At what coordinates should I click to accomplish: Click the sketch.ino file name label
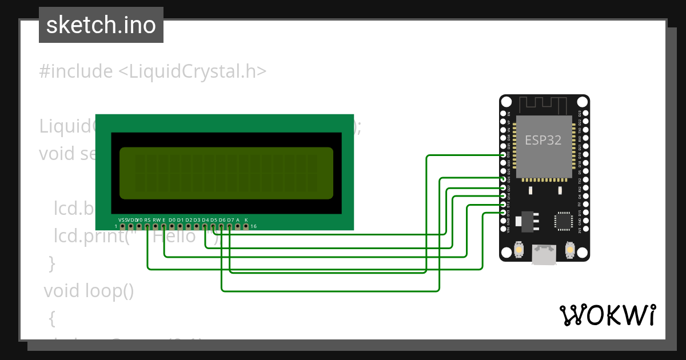101,25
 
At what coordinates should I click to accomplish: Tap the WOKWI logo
607,315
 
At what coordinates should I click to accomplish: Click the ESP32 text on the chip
543,140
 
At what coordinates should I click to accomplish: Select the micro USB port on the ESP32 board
544,255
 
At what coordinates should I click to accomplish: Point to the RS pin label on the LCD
147,220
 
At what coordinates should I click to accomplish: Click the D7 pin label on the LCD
230,220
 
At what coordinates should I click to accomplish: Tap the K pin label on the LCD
246,220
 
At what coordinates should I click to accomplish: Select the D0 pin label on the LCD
172,220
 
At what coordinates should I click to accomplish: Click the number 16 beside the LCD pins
254,227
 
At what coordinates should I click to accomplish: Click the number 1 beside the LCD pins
116,227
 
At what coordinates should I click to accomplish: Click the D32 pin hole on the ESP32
502,155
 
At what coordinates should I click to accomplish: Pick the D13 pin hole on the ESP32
502,213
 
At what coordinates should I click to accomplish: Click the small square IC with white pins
563,221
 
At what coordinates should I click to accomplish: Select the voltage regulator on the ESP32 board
527,221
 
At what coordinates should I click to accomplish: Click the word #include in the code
75,71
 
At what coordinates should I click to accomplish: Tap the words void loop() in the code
89,291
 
